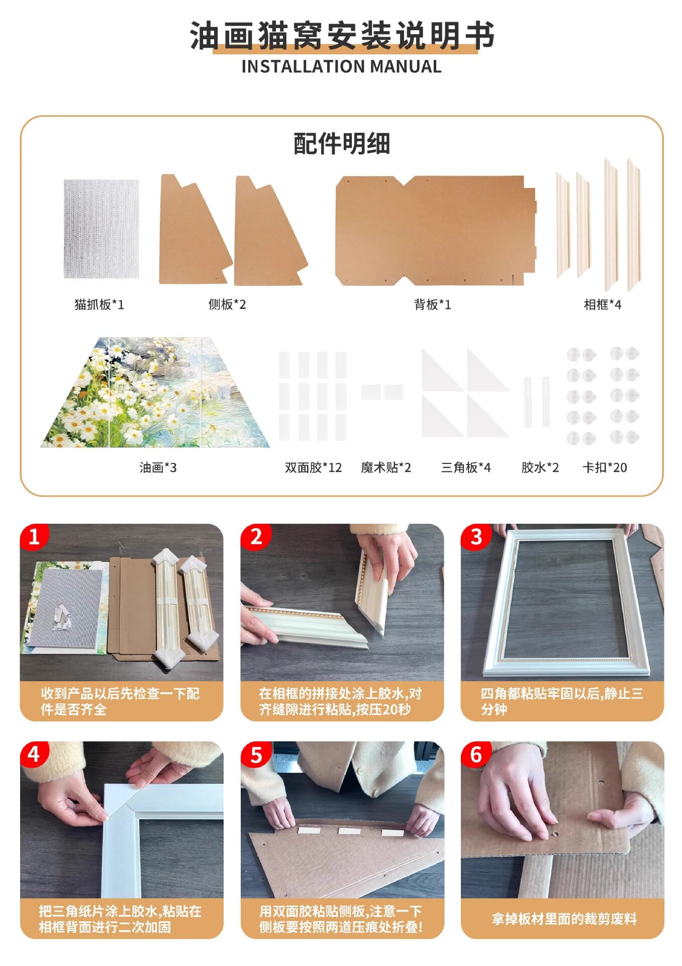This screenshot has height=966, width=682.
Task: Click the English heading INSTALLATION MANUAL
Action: click(x=341, y=66)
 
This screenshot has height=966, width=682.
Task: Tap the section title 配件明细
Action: click(x=342, y=144)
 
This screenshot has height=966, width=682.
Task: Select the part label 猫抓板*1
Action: click(x=99, y=304)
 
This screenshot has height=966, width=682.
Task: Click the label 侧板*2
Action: click(x=227, y=304)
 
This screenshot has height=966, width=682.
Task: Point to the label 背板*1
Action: click(x=432, y=304)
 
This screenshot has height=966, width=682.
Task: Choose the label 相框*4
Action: click(x=602, y=304)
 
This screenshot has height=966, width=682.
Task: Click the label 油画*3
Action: click(x=158, y=467)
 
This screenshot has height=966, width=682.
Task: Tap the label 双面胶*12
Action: click(x=313, y=467)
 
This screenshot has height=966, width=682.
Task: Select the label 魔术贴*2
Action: click(x=386, y=467)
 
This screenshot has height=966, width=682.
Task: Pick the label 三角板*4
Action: click(x=466, y=467)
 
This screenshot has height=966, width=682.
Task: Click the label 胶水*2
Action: click(x=540, y=467)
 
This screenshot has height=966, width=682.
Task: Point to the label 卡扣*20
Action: click(x=605, y=467)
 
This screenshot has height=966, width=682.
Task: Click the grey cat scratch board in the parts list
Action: click(x=101, y=228)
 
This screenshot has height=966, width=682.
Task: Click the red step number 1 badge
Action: click(x=34, y=537)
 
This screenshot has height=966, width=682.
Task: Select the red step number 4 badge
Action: click(x=34, y=754)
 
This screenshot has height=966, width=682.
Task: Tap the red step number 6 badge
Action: click(x=475, y=754)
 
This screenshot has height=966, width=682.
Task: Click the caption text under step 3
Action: click(x=561, y=701)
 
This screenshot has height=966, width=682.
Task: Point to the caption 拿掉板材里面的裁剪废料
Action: click(x=564, y=919)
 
